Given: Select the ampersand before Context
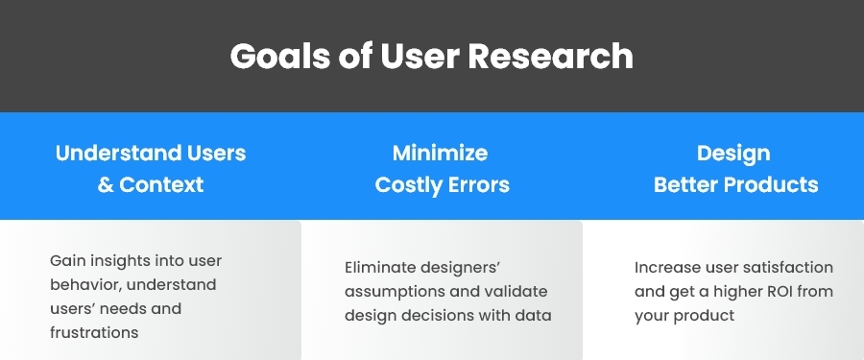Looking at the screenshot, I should click(x=106, y=184).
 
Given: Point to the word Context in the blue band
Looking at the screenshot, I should click(x=161, y=184).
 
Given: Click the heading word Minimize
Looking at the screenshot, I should click(x=440, y=153).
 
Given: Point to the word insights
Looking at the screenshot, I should click(x=121, y=261).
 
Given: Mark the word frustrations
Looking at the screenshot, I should click(x=94, y=333).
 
